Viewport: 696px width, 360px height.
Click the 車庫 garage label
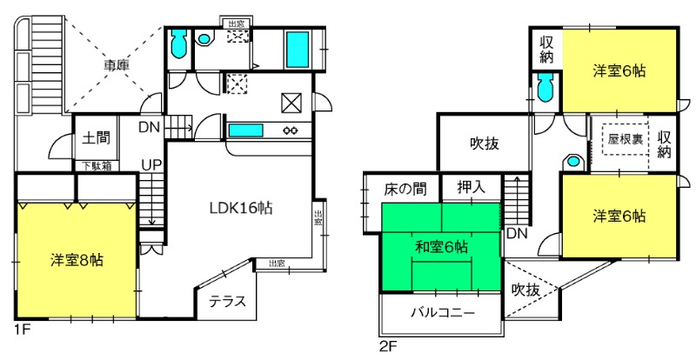117,64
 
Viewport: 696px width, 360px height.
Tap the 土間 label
94,137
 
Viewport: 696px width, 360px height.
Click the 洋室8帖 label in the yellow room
77,258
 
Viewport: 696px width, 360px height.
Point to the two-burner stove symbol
291,131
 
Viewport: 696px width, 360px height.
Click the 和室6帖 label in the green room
441,247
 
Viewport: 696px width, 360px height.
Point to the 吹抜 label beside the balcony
526,289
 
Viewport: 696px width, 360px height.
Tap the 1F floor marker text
22,330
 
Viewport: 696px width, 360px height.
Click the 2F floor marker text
387,345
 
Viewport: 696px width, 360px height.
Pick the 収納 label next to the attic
665,144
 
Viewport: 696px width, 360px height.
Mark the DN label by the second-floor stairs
516,234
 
